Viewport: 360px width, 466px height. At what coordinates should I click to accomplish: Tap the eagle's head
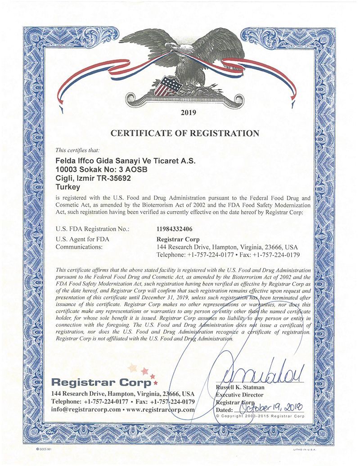point(171,46)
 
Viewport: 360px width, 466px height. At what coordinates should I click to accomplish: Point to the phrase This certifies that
point(77,150)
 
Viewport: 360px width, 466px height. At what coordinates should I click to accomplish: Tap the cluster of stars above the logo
point(141,371)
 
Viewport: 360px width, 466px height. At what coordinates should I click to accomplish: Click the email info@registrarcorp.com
point(86,410)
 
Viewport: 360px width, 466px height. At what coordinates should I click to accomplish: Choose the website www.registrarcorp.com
point(162,410)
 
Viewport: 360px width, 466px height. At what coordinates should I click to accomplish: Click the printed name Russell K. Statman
point(240,387)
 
